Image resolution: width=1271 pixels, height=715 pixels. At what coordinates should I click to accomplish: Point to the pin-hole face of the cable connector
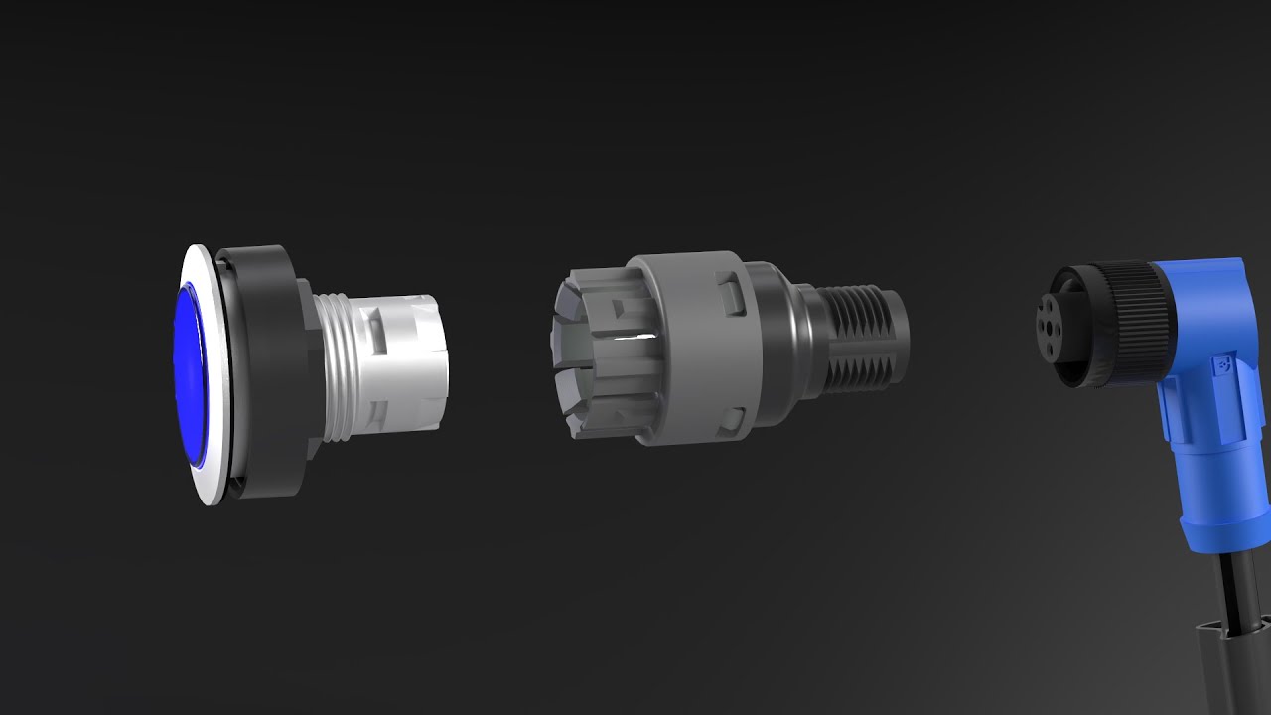(x=1058, y=328)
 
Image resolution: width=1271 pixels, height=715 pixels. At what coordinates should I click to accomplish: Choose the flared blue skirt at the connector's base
(x=1216, y=516)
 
